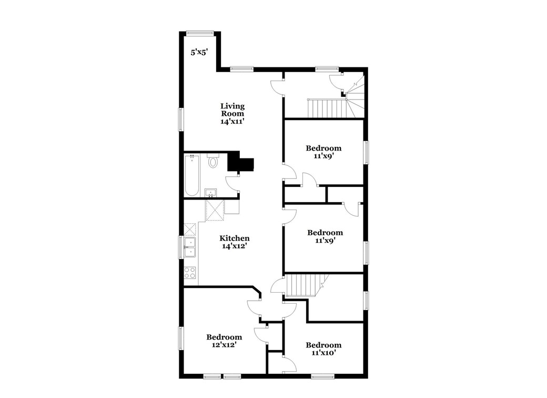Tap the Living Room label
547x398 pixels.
pyautogui.click(x=232, y=113)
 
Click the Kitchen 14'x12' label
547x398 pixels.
pyautogui.click(x=234, y=242)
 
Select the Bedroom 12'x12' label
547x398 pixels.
pyautogui.click(x=224, y=341)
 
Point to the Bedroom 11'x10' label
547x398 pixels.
pyautogui.click(x=323, y=349)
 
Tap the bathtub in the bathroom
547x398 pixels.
pyautogui.click(x=191, y=175)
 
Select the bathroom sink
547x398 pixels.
pyautogui.click(x=210, y=192)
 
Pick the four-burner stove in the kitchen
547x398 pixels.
pyautogui.click(x=190, y=273)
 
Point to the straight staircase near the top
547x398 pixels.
pyautogui.click(x=327, y=108)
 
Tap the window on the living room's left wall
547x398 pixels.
pyautogui.click(x=181, y=119)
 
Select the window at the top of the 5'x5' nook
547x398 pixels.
pyautogui.click(x=200, y=33)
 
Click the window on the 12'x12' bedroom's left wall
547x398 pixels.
pyautogui.click(x=181, y=338)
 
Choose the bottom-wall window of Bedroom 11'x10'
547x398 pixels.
pyautogui.click(x=322, y=376)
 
